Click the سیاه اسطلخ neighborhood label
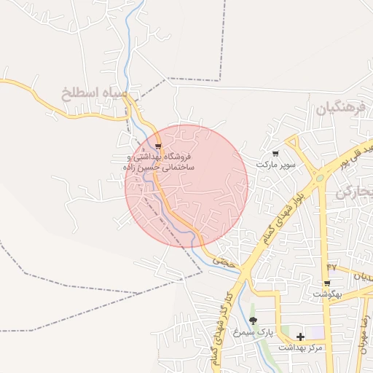95,94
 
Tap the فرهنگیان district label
339,109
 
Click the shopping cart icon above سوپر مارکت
275,154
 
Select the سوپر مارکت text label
275,165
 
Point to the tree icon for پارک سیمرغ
253,321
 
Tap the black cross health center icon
300,336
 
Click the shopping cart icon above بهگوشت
327,283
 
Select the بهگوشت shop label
327,294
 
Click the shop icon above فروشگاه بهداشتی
158,146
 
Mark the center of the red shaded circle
186,186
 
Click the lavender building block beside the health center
316,333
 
